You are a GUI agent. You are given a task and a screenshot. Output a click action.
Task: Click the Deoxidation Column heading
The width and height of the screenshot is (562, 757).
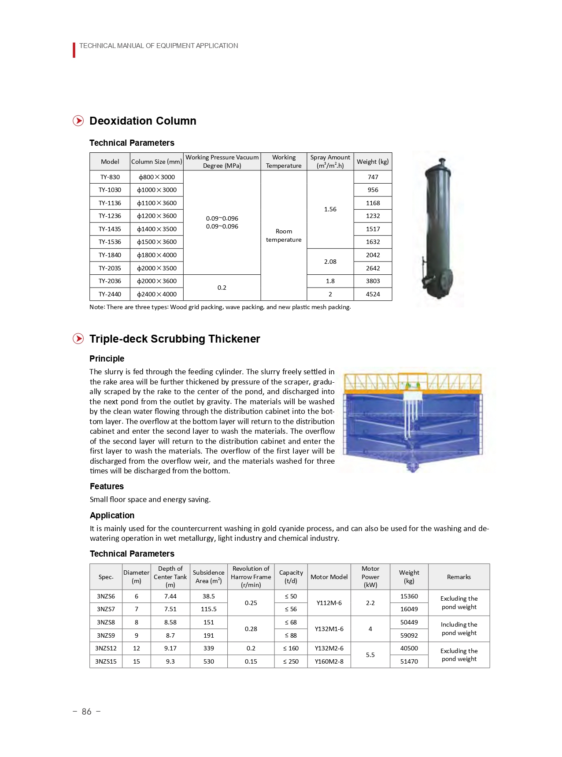pos(143,121)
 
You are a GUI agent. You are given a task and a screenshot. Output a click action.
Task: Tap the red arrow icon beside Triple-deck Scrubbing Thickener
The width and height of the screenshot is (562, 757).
pos(78,339)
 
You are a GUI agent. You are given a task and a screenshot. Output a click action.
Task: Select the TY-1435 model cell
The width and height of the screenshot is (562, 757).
pos(110,229)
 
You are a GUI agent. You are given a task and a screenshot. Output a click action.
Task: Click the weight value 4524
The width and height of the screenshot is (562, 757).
pos(373,294)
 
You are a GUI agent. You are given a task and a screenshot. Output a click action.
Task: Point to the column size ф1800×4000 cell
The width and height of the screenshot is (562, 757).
pos(156,255)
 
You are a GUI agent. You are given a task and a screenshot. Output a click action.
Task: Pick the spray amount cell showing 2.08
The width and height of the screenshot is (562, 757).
pos(330,262)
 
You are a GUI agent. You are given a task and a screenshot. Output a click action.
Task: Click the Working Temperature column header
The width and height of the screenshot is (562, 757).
pos(284,162)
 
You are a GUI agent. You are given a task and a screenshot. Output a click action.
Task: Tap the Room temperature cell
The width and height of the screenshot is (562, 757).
pos(284,235)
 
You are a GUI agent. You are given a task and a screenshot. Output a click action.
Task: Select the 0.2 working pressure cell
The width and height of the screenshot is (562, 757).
pos(222,288)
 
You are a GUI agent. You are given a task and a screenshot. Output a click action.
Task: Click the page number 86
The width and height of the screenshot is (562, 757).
pos(87,712)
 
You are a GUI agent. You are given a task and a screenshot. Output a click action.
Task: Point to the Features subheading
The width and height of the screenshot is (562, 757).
pos(107,486)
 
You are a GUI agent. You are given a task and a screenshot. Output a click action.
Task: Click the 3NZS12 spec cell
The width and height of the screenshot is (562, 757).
pos(106,648)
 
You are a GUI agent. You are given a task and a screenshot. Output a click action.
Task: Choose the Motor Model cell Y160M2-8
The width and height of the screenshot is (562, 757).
pos(329,661)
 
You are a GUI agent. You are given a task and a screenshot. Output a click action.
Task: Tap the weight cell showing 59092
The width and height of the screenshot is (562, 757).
pos(409,635)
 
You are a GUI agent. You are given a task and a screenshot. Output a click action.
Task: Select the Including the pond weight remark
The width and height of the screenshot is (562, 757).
pos(459,629)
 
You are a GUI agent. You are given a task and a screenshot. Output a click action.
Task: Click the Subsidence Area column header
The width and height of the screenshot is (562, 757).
pos(208,576)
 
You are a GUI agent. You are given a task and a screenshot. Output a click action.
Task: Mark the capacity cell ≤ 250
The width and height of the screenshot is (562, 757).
pos(291,661)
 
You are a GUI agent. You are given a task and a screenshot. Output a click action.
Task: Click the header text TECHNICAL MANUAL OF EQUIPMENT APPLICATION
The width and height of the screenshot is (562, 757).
pos(159,46)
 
